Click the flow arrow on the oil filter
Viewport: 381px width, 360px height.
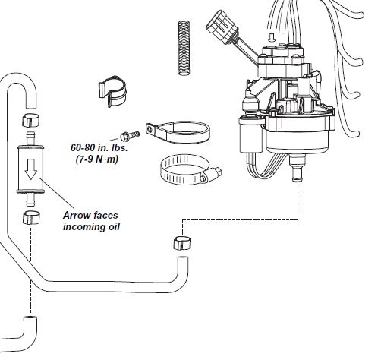click(31, 169)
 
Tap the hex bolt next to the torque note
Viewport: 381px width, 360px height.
click(130, 136)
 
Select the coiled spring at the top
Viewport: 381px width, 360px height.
click(184, 48)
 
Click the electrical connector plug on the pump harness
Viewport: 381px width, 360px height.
click(219, 25)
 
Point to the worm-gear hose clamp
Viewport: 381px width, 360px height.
click(191, 170)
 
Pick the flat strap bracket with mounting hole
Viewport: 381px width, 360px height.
click(178, 131)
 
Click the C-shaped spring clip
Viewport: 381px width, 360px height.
click(112, 90)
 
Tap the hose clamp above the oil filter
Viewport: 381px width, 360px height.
click(31, 120)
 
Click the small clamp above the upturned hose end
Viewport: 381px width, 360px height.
click(182, 243)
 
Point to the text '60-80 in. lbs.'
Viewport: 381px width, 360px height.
click(99, 147)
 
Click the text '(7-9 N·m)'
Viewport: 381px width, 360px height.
click(97, 159)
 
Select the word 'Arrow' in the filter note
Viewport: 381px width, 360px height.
click(76, 216)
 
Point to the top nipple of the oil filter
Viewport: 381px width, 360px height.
click(30, 138)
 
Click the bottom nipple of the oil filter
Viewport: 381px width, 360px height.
click(30, 200)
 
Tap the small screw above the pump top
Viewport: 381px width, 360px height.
click(272, 37)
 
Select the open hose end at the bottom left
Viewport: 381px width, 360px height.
click(30, 318)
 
